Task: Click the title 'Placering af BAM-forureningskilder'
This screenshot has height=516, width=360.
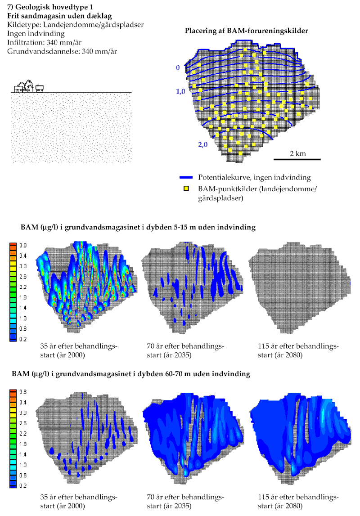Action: coord(246,31)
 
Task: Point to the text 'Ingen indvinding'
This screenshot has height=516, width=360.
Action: coord(36,34)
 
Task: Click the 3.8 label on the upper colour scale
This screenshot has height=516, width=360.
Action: coord(22,246)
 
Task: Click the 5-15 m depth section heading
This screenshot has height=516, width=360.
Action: coord(138,228)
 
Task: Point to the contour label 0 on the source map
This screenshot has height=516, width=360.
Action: coord(178,67)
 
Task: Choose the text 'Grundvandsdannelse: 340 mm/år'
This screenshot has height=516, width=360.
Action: coord(63,51)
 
